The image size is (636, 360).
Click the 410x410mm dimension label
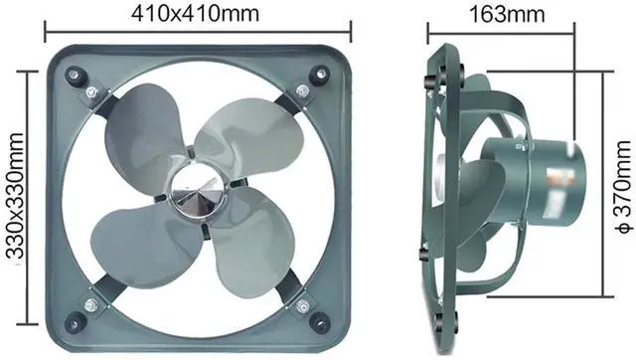coord(195,14)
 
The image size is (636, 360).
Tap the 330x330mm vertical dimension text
coord(16,196)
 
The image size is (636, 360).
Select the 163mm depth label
coord(507,14)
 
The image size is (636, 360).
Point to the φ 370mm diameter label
coord(623,188)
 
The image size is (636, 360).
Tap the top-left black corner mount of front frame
coord(76,76)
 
